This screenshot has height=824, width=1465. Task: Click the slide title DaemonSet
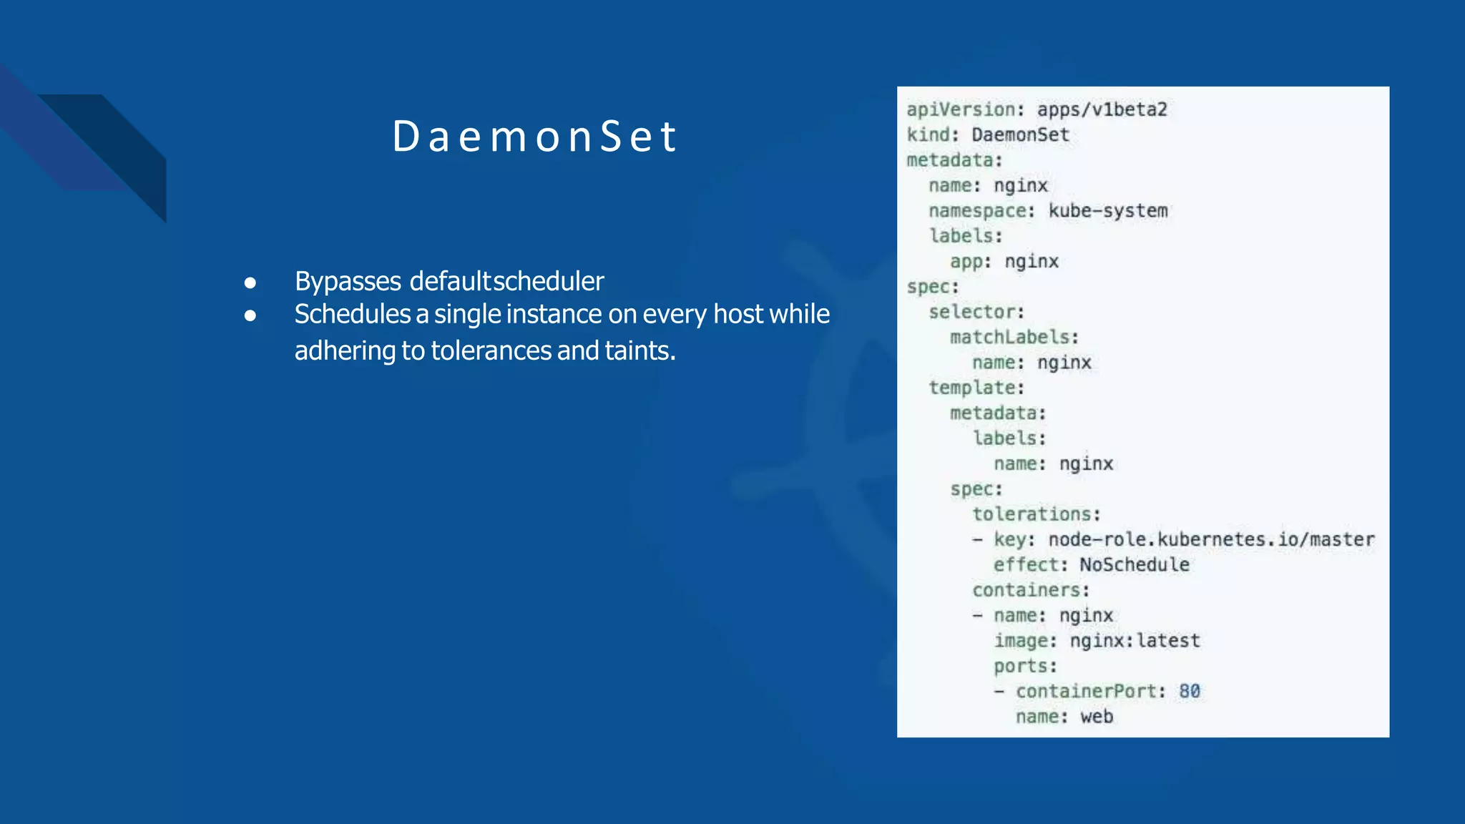(x=534, y=136)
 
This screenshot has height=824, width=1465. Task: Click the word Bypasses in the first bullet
(x=348, y=281)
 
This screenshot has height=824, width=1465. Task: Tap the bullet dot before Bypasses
(x=250, y=283)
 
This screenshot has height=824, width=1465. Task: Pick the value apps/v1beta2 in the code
(x=1102, y=109)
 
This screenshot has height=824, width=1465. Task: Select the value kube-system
(x=1108, y=211)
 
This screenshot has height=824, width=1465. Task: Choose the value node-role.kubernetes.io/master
(x=1211, y=539)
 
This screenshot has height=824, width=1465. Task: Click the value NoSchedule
(x=1135, y=565)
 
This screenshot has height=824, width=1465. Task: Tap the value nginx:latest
(x=1135, y=641)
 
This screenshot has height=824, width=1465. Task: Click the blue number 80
(x=1190, y=691)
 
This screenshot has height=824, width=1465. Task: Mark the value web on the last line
(x=1097, y=717)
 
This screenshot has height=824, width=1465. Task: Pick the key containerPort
(x=1085, y=691)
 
